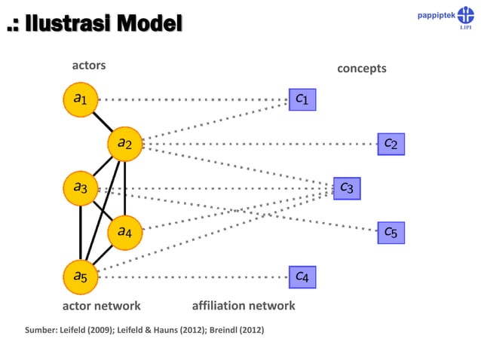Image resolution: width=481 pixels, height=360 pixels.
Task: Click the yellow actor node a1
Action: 81,99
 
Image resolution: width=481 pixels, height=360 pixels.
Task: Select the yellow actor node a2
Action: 124,143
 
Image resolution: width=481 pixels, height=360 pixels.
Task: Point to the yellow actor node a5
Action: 81,276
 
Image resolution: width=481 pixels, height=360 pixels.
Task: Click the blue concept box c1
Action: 302,99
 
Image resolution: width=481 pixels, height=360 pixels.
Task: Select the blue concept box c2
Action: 391,143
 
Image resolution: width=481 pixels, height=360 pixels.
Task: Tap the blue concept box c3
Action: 347,188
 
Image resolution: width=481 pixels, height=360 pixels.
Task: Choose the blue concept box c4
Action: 302,277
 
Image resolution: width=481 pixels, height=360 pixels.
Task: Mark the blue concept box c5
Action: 391,232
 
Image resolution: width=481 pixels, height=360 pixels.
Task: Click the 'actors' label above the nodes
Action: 88,66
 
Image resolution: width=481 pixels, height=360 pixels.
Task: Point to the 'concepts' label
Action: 361,69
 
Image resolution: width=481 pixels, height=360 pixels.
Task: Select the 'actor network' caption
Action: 101,306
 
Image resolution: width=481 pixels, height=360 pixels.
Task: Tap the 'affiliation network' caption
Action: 244,306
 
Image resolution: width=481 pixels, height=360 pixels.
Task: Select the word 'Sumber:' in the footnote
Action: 42,330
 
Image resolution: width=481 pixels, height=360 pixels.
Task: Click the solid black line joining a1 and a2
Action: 103,121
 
